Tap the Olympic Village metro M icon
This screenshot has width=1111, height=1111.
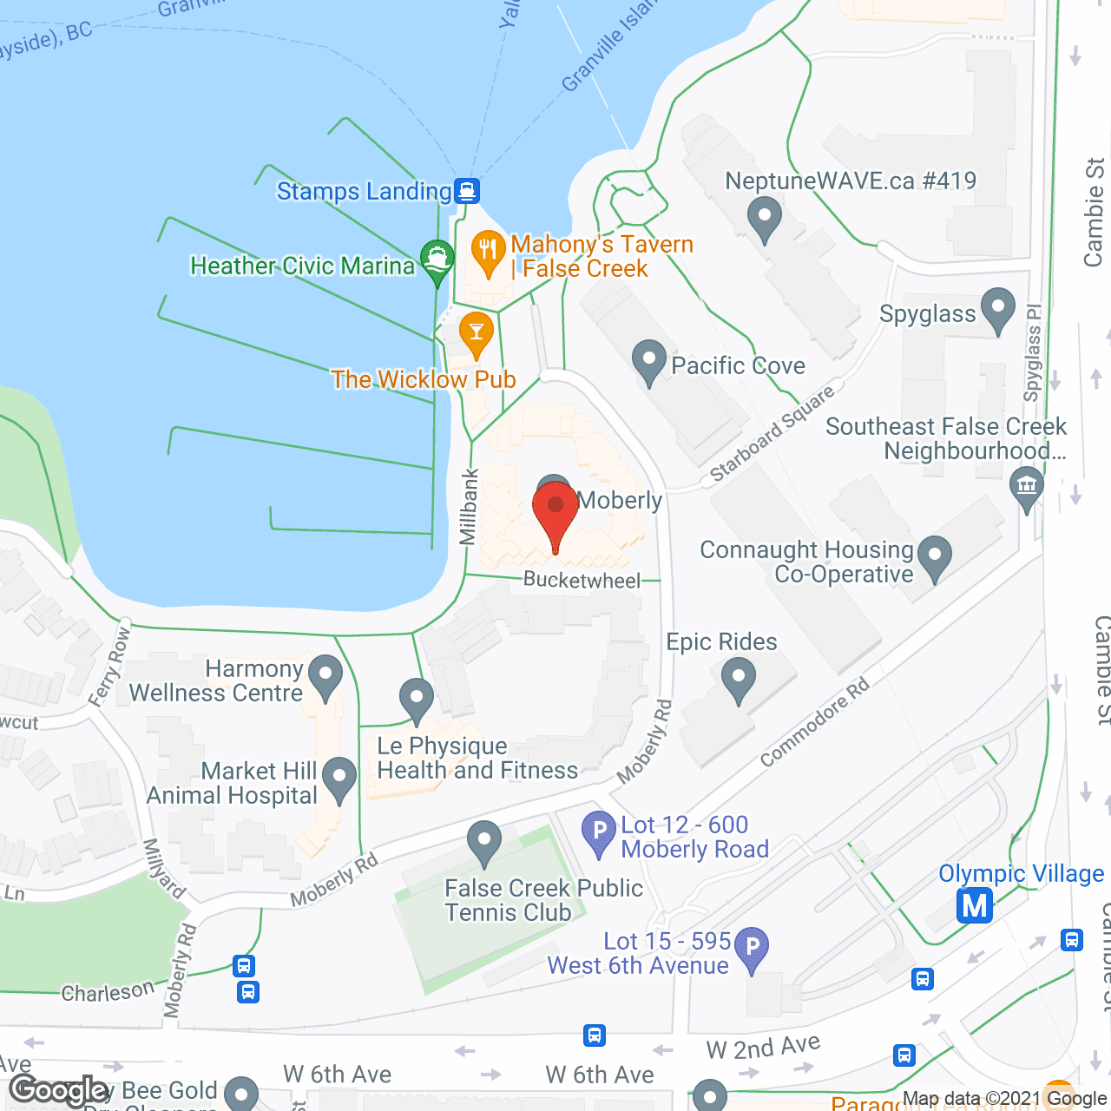[975, 905]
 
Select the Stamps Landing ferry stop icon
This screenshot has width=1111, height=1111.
[467, 191]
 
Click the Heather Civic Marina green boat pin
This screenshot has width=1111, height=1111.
[437, 259]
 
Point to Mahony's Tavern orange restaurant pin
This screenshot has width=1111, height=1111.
[488, 251]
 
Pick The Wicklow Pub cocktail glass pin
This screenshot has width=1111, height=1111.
[476, 332]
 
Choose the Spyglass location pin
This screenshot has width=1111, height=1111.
[997, 308]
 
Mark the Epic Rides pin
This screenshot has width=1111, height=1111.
[739, 678]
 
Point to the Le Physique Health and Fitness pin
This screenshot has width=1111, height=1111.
[417, 699]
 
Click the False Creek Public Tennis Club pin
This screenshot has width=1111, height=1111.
[483, 841]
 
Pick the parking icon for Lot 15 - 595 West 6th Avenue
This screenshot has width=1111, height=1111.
[752, 947]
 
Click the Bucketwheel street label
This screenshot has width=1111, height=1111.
[582, 580]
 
